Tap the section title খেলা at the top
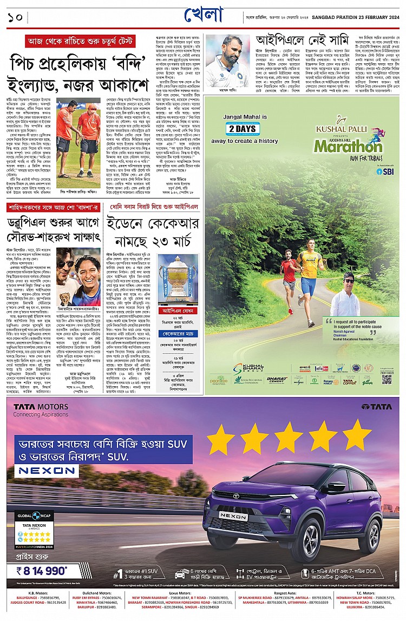tap(203, 15)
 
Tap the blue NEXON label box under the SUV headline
tap(41, 471)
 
